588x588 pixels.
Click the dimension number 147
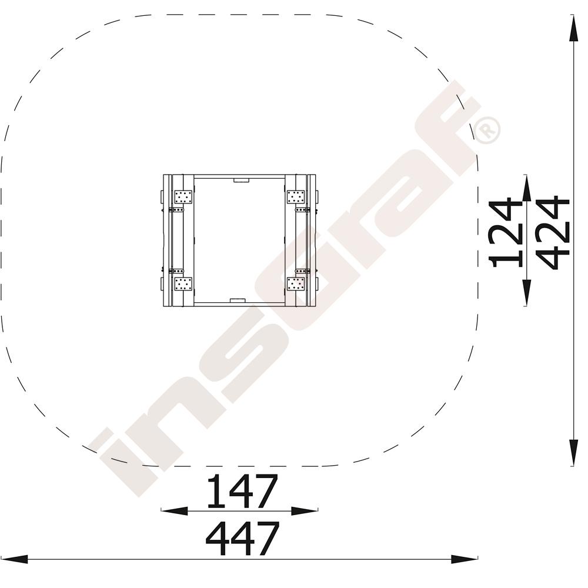(x=242, y=491)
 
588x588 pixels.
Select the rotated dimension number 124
(x=506, y=232)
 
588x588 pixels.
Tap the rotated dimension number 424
(x=553, y=232)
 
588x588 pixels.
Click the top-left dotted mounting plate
(x=183, y=197)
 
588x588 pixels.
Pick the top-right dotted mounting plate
(x=296, y=197)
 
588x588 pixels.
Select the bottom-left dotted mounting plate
(x=183, y=284)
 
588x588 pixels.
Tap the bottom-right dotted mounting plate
(x=296, y=284)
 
